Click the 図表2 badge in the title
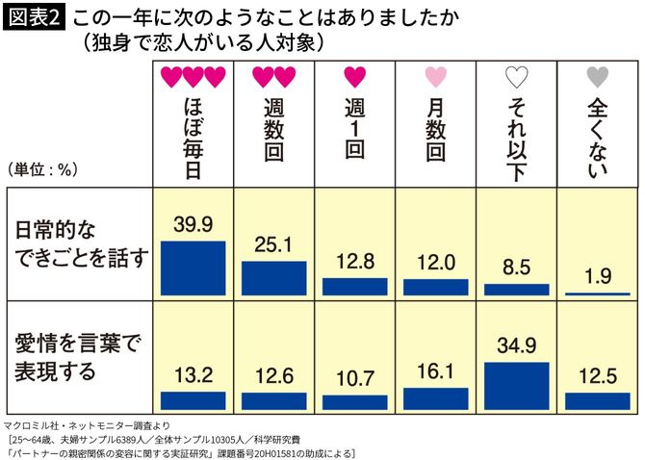click(x=35, y=18)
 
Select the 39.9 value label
click(x=193, y=224)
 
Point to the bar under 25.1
click(x=273, y=277)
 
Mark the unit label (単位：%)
click(x=42, y=169)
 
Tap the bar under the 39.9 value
click(x=193, y=267)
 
